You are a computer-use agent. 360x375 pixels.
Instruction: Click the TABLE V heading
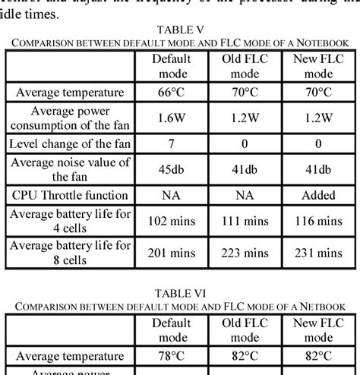pos(179,30)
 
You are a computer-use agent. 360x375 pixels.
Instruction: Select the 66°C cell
pos(172,93)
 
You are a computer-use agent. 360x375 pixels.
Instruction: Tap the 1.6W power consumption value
pos(172,118)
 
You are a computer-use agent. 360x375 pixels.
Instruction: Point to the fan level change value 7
pos(172,143)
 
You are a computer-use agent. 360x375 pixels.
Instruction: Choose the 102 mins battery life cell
pos(172,221)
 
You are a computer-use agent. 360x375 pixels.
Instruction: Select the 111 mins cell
pos(245,221)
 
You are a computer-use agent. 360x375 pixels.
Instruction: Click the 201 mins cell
pos(172,251)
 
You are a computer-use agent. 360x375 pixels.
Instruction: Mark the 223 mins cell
pos(245,251)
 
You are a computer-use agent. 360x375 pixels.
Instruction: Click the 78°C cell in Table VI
pos(172,355)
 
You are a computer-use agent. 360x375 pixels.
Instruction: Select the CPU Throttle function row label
pos(68,195)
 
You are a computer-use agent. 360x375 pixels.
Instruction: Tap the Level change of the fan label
pos(68,143)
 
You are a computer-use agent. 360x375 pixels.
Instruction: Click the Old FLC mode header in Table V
pos(245,67)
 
